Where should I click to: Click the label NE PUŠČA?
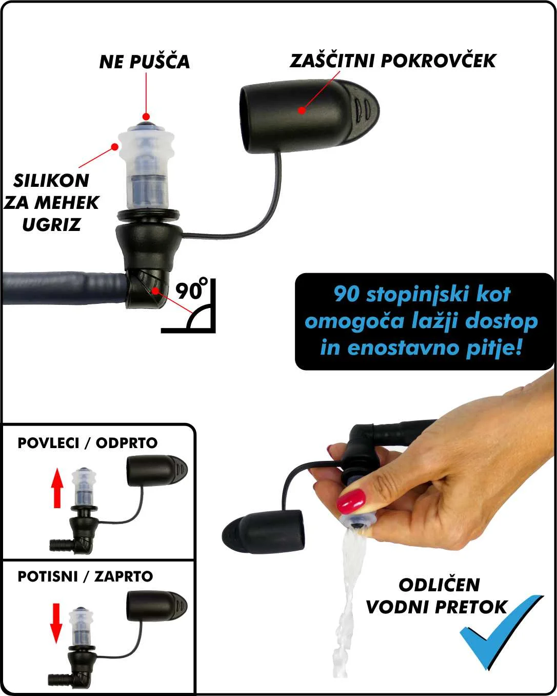point(144,62)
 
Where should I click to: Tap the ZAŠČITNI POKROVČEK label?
point(393,61)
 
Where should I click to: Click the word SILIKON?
point(51,181)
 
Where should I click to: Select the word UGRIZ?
point(51,224)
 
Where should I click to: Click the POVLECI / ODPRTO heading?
point(88,443)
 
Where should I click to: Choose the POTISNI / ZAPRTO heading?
point(85,576)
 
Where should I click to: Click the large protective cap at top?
point(309,117)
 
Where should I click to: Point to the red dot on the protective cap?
point(302,110)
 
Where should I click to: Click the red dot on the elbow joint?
point(155,291)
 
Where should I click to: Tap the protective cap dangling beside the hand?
point(263,532)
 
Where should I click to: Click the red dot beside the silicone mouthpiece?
point(114,147)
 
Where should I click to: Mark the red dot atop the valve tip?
point(146,117)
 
